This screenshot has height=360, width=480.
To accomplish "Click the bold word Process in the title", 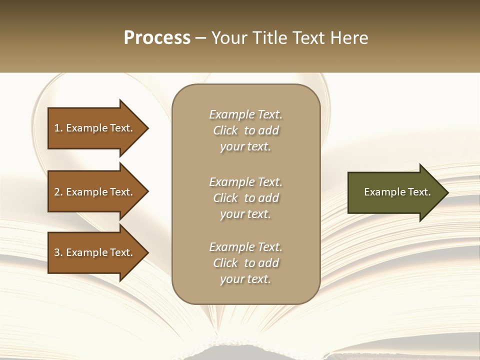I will click(157, 38).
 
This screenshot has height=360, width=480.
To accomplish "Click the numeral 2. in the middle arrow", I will click(58, 192).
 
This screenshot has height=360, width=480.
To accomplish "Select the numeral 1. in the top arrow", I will click(58, 128).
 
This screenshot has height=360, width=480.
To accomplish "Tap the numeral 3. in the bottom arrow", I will click(58, 252).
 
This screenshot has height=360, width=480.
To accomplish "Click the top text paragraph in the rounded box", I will click(245, 130).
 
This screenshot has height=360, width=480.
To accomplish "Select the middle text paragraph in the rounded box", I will click(245, 198).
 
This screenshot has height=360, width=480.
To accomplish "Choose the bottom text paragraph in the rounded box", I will click(245, 263).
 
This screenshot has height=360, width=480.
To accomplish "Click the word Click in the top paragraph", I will click(225, 130).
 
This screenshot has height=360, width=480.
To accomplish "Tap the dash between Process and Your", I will click(200, 38).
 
